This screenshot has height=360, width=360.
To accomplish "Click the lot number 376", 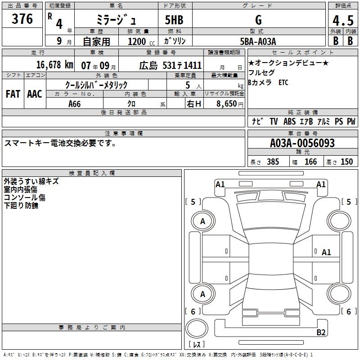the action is click(x=22, y=19).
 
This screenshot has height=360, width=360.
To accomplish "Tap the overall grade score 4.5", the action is click(x=343, y=21).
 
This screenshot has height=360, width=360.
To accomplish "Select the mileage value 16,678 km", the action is click(x=54, y=65).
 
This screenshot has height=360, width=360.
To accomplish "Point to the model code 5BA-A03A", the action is click(x=258, y=41).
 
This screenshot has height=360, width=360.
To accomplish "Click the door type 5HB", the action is click(x=174, y=20).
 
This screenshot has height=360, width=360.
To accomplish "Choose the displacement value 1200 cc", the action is click(x=141, y=41).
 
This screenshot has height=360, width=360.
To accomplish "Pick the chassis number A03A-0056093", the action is click(x=302, y=143).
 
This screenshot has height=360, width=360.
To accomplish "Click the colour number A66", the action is click(x=74, y=104).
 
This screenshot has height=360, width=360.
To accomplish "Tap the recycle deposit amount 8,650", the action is click(x=227, y=104).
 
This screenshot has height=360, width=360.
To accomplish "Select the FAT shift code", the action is click(x=13, y=94).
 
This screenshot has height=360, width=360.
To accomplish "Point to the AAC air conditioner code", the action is click(x=35, y=94).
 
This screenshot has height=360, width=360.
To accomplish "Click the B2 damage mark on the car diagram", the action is click(x=321, y=332).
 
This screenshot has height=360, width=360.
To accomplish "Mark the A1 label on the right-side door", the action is click(x=326, y=252).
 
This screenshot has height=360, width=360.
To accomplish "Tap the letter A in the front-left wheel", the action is click(x=202, y=221).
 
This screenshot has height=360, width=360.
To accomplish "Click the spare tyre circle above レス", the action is click(x=197, y=328).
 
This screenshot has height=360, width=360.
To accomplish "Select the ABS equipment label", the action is click(x=289, y=121).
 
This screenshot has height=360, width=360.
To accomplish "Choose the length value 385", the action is click(x=273, y=162).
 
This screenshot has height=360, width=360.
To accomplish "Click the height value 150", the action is click(x=346, y=162).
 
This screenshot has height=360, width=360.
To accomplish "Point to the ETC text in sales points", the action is click(x=283, y=82).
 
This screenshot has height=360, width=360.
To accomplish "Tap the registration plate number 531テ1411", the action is click(x=182, y=65).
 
